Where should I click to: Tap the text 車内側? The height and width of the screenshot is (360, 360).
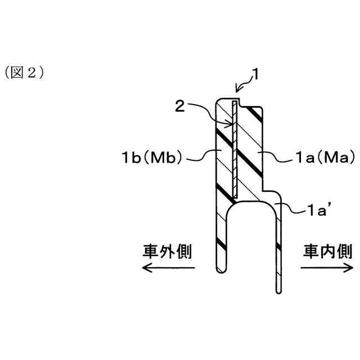pos(328,251)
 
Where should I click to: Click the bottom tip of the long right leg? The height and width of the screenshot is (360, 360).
pos(278,290)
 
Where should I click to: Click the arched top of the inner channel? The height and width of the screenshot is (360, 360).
pos(250,205)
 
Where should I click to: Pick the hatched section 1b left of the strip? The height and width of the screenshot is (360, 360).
pos(223,152)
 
